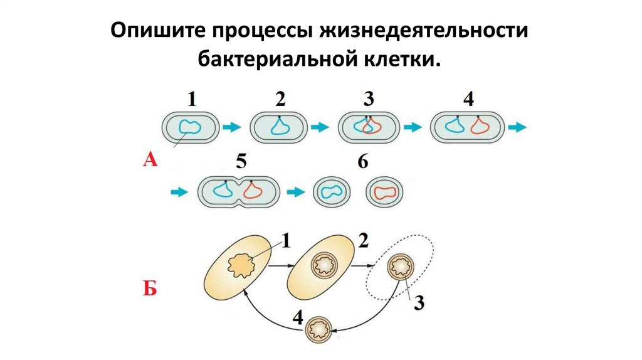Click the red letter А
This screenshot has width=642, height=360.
click(150, 161)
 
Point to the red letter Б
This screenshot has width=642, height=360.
click(150, 290)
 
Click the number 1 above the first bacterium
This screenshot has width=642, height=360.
click(192, 98)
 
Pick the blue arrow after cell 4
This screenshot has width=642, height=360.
click(517, 127)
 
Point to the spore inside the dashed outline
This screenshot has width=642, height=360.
click(400, 267)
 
